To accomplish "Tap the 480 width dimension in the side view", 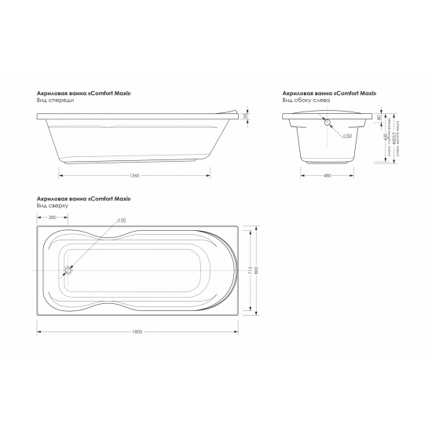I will [327, 174].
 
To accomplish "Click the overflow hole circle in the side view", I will [328, 123].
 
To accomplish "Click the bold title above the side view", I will [329, 93].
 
